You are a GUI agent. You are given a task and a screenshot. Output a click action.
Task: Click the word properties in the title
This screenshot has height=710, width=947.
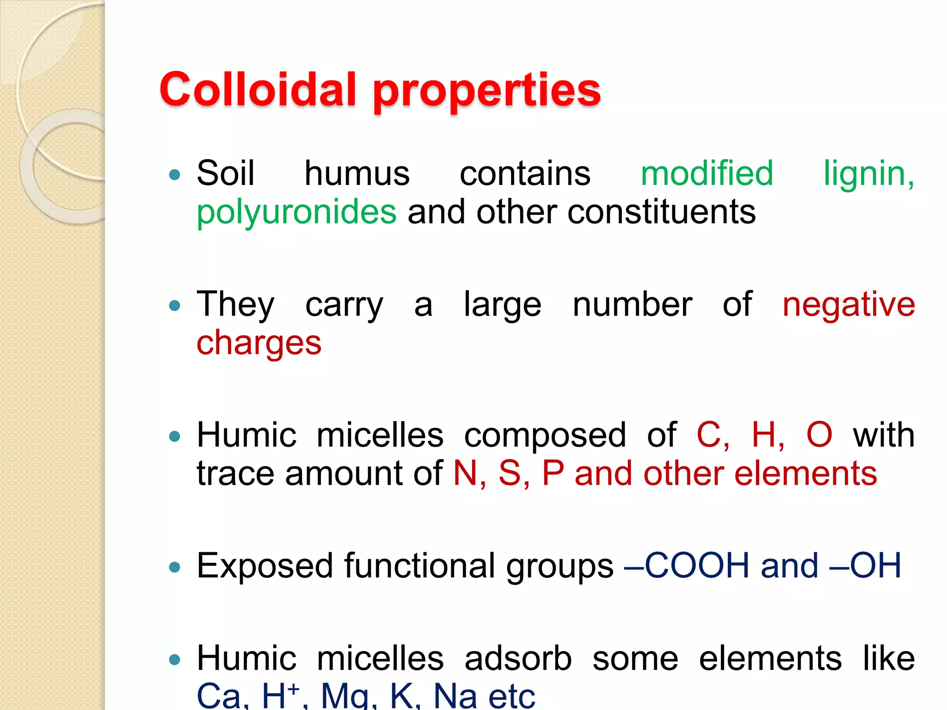tap(486, 91)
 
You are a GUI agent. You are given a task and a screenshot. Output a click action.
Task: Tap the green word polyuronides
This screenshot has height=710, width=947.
tap(296, 213)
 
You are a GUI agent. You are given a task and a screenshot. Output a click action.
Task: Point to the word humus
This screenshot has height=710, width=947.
tap(357, 174)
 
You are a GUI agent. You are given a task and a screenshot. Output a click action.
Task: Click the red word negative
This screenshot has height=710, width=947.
tap(849, 305)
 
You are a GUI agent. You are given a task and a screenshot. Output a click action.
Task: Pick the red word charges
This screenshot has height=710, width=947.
tap(259, 344)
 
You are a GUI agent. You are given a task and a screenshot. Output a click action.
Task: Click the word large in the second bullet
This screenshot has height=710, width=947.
tap(502, 305)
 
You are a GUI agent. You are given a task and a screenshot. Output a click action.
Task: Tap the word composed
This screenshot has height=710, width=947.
tap(545, 435)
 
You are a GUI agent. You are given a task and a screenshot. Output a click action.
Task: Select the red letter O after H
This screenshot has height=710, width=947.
tap(819, 435)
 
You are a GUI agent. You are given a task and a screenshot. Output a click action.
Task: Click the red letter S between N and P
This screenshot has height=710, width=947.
tap(510, 473)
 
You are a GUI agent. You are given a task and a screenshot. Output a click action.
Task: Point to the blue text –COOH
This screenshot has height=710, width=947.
tap(686, 566)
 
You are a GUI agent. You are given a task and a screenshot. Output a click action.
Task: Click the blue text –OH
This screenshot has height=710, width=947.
tap(865, 566)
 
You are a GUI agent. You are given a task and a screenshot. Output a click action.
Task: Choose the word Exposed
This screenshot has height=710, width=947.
tap(265, 566)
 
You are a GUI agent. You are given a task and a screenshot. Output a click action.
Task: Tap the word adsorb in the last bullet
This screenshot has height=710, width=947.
tap(518, 658)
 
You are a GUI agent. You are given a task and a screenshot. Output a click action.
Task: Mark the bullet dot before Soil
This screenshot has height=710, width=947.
tap(175, 175)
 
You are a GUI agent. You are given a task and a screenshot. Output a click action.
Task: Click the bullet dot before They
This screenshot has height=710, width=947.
tap(175, 306)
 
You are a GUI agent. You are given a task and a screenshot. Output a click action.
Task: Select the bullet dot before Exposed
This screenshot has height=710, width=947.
tap(175, 567)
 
